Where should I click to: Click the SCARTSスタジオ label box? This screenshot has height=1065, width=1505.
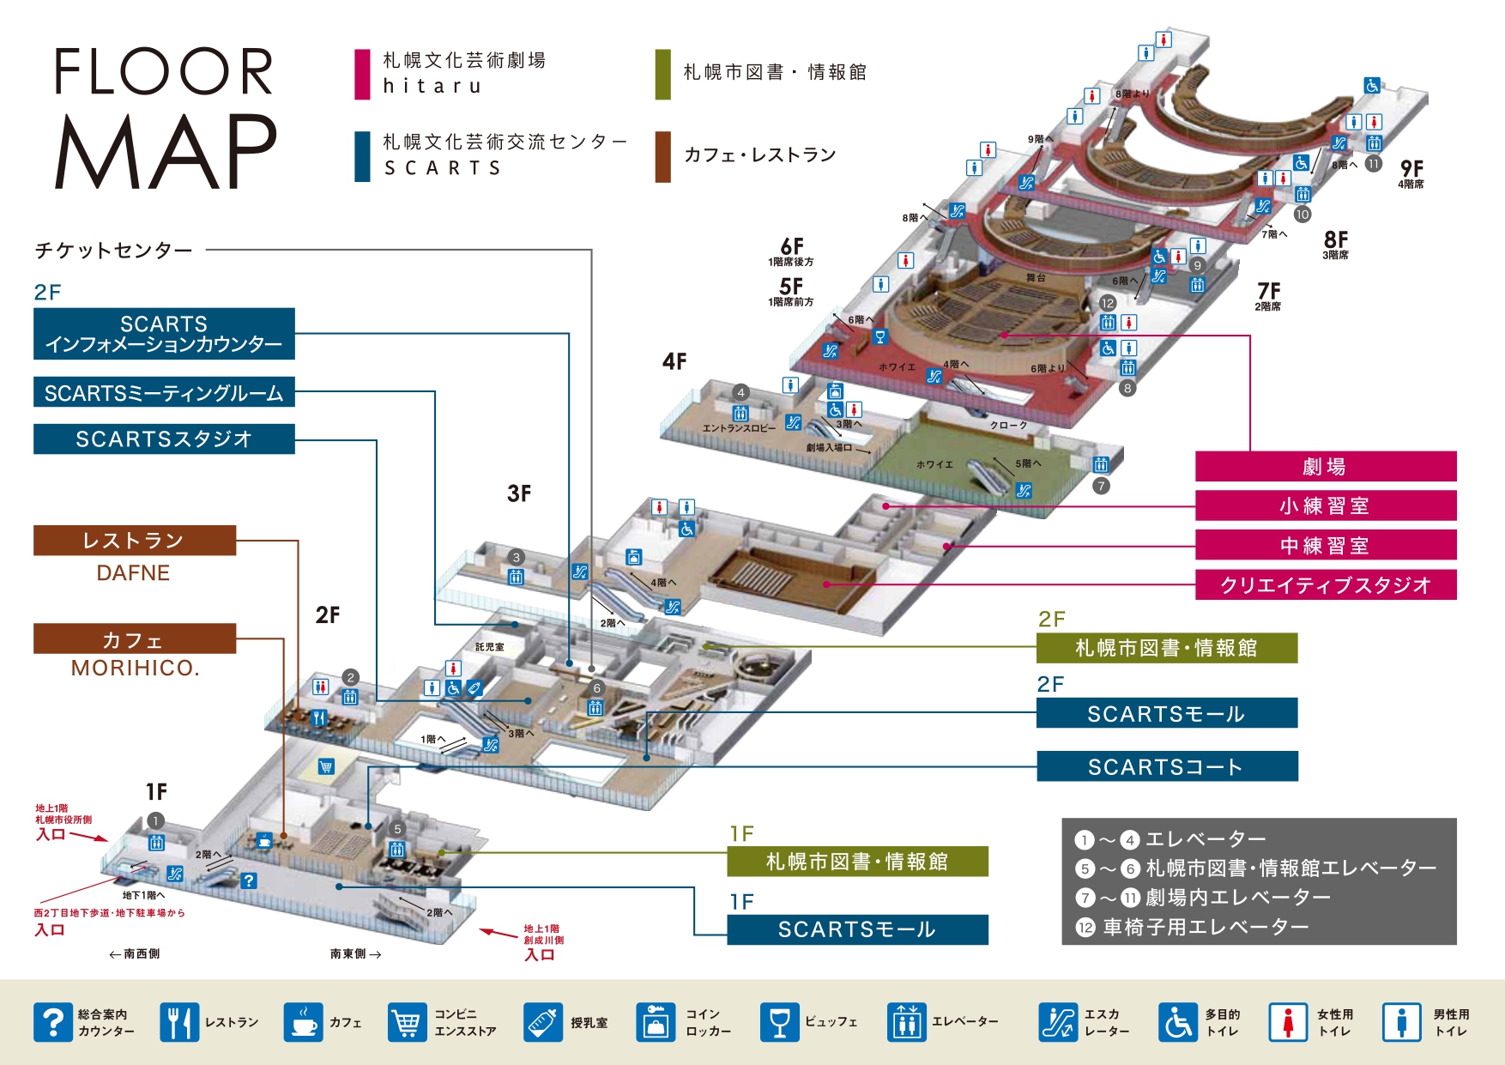tap(163, 439)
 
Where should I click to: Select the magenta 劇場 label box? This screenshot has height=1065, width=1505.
tap(1325, 467)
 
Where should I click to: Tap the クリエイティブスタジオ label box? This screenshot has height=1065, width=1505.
tap(1325, 585)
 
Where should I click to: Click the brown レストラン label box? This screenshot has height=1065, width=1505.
tap(134, 541)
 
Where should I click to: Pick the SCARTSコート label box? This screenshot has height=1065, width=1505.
tap(1166, 766)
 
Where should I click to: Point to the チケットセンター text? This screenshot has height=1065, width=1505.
tap(113, 251)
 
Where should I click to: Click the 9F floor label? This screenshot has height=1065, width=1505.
tap(1411, 168)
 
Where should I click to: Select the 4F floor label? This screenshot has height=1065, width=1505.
tap(674, 361)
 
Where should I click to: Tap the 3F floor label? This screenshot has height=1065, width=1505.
tap(519, 493)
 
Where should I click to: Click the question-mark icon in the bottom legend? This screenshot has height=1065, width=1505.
tap(53, 1022)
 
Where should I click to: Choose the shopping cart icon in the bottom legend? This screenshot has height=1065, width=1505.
tap(407, 1022)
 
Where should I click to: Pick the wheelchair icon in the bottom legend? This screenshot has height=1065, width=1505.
tap(1178, 1022)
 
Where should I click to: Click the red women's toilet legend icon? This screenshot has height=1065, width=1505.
tap(1288, 1022)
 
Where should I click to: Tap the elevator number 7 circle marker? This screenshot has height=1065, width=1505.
tap(1101, 487)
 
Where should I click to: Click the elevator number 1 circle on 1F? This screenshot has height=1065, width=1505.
tap(155, 821)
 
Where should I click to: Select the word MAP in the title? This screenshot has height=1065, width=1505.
tap(166, 151)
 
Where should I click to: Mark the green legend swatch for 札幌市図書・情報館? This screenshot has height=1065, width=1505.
tap(662, 75)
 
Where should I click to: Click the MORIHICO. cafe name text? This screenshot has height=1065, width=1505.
tap(135, 668)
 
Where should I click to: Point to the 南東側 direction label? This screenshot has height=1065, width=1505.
tap(354, 953)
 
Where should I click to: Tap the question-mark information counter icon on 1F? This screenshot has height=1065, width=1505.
tap(248, 880)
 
